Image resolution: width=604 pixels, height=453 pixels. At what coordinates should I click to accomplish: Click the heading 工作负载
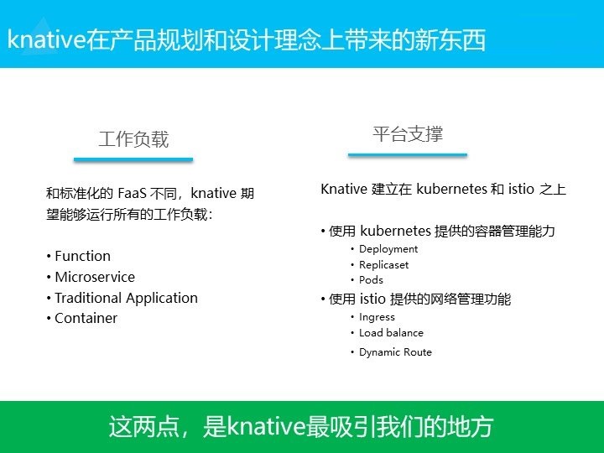pyautogui.click(x=133, y=139)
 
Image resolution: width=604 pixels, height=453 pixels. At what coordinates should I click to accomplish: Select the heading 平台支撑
pyautogui.click(x=408, y=134)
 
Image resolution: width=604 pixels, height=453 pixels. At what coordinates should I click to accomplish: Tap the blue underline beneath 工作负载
pyautogui.click(x=133, y=159)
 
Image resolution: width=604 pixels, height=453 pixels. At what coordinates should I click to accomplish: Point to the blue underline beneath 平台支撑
pyautogui.click(x=408, y=155)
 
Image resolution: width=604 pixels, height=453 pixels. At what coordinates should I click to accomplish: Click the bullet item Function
pyautogui.click(x=82, y=256)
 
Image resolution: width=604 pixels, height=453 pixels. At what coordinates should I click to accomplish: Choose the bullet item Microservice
pyautogui.click(x=95, y=277)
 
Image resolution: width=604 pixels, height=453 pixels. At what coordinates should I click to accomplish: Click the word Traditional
pyautogui.click(x=88, y=298)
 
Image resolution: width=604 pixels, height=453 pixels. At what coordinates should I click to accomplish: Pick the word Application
pyautogui.click(x=162, y=299)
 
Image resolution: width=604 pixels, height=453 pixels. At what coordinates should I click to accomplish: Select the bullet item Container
pyautogui.click(x=86, y=318)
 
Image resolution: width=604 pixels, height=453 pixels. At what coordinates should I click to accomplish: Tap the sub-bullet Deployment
pyautogui.click(x=388, y=249)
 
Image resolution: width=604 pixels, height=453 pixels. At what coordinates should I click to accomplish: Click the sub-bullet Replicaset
pyautogui.click(x=383, y=265)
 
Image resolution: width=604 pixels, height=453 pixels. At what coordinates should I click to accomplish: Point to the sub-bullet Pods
pyautogui.click(x=371, y=280)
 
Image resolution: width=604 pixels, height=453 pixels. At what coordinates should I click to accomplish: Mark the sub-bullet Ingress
pyautogui.click(x=377, y=317)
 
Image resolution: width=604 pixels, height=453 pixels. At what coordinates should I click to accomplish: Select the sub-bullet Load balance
pyautogui.click(x=391, y=333)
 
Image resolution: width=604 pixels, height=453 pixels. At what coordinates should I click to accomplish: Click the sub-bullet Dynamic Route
pyautogui.click(x=395, y=352)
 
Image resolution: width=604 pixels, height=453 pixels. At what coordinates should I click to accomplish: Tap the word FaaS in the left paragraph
pyautogui.click(x=132, y=193)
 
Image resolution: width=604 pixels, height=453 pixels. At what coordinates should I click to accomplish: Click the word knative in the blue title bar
pyautogui.click(x=46, y=39)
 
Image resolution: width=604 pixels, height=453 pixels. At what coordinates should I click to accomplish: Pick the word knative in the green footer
pyautogui.click(x=266, y=426)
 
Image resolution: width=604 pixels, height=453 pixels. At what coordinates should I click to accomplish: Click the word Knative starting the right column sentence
pyautogui.click(x=344, y=189)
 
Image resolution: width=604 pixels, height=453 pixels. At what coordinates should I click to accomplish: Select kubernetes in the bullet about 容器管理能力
pyautogui.click(x=395, y=232)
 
